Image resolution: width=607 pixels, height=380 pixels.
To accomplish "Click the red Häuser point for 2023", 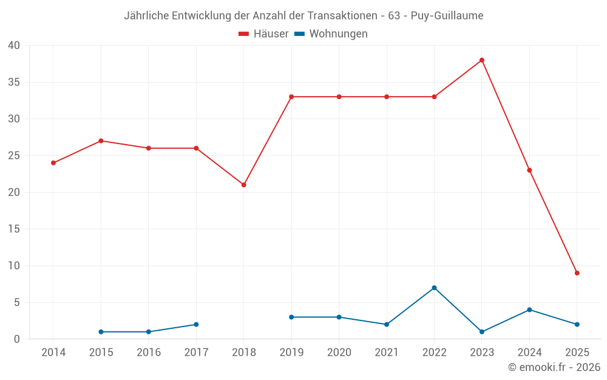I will tap(482, 60).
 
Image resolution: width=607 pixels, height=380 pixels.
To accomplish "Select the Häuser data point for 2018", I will tap(244, 185).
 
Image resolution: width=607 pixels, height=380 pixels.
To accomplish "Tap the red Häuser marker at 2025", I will tap(577, 273).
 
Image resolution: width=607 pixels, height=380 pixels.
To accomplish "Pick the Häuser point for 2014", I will tap(53, 163).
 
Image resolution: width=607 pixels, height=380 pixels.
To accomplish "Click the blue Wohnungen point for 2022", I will tap(434, 288).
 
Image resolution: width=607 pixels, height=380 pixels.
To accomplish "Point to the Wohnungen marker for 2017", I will tap(196, 325).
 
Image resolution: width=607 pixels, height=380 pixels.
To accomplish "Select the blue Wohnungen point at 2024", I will tap(529, 310).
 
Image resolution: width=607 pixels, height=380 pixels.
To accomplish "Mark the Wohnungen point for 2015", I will tap(101, 332).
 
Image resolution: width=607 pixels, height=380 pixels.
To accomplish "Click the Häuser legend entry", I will tap(263, 34).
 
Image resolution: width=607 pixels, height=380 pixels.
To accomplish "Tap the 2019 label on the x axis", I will tap(291, 353).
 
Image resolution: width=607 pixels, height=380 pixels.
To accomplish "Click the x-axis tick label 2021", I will tap(387, 353).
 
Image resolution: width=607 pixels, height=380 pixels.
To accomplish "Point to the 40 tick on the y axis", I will tap(14, 46).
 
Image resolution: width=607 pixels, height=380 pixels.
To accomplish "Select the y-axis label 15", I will tap(14, 229).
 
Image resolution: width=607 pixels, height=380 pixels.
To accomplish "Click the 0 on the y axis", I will tap(17, 339).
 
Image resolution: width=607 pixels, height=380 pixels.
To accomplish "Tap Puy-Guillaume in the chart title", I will tap(447, 16).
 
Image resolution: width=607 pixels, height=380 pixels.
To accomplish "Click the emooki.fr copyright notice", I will tap(554, 367).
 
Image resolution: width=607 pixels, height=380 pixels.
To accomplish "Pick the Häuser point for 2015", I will tap(101, 141).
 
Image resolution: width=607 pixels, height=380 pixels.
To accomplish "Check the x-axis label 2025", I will tap(577, 353).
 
